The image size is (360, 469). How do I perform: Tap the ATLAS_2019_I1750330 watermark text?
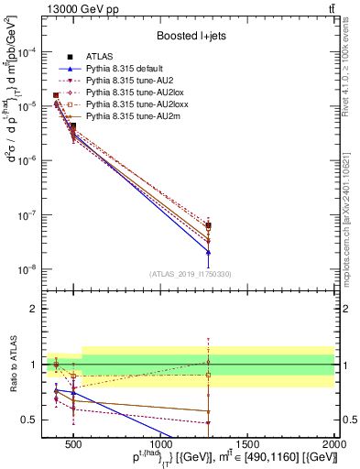[191, 274]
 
